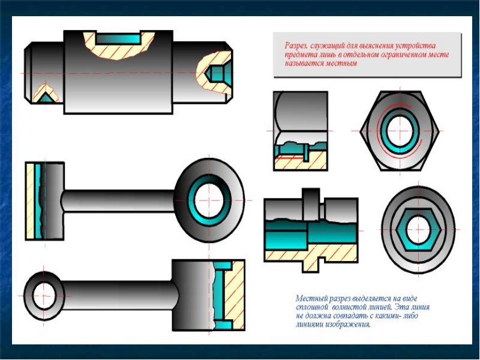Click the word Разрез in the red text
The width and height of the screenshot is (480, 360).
pyautogui.click(x=296, y=46)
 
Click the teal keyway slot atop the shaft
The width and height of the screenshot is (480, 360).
pyautogui.click(x=118, y=39)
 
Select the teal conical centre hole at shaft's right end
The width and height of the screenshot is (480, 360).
pyautogui.click(x=216, y=73)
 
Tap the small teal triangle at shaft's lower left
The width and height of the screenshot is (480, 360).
pyautogui.click(x=46, y=98)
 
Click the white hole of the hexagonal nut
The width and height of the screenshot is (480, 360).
pyautogui.click(x=400, y=131)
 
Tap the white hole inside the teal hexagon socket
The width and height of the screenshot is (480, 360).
pyautogui.click(x=418, y=229)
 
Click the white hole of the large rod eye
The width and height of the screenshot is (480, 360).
pyautogui.click(x=209, y=200)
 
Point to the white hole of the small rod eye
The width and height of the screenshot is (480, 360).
pyautogui.click(x=44, y=296)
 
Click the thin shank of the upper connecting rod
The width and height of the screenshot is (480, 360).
pyautogui.click(x=119, y=201)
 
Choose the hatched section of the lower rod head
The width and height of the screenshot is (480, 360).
pyautogui.click(x=235, y=295)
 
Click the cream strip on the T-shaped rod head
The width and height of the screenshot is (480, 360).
pyautogui.click(x=31, y=201)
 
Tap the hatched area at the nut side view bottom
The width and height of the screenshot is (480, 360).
pyautogui.click(x=301, y=162)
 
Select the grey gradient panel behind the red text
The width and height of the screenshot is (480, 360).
pyautogui.click(x=367, y=55)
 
